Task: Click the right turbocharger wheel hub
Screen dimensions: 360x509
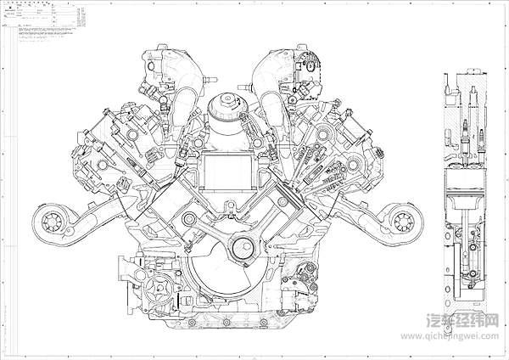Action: click(x=402, y=222)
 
